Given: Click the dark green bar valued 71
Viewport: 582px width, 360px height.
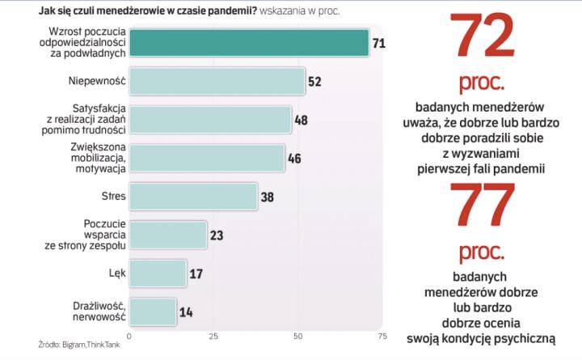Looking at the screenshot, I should click(249, 42).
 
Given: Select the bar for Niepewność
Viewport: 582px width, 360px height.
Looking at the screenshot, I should click(217, 81).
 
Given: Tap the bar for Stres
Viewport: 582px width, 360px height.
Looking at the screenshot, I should click(193, 196).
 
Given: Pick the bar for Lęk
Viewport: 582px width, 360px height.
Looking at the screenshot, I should click(158, 273).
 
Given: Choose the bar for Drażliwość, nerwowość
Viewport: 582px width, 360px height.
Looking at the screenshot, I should click(153, 311).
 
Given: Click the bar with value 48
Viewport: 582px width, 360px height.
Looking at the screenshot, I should click(210, 119).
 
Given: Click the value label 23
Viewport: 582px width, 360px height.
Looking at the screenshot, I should click(217, 235).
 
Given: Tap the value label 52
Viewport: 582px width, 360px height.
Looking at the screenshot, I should click(314, 81).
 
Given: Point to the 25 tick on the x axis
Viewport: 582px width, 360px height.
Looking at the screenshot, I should click(213, 336).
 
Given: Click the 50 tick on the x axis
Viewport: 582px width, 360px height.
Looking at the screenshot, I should click(297, 336).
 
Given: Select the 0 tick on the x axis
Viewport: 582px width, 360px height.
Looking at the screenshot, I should click(129, 336).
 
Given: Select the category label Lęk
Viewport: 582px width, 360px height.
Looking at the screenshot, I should click(116, 273).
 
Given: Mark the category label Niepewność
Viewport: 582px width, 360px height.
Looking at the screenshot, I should click(96, 81).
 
